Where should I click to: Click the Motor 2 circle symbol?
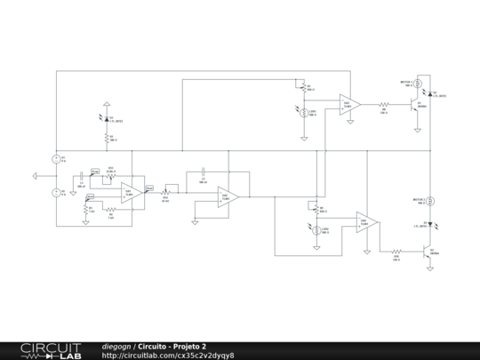pyautogui.click(x=431, y=201)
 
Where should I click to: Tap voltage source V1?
pyautogui.click(x=55, y=159)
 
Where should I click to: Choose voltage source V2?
pyautogui.click(x=55, y=192)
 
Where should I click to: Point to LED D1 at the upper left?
pyautogui.click(x=108, y=118)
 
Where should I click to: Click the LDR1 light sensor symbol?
pyautogui.click(x=305, y=112)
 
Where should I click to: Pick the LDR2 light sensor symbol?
pyautogui.click(x=316, y=230)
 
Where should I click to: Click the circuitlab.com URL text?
pyautogui.click(x=168, y=356)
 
